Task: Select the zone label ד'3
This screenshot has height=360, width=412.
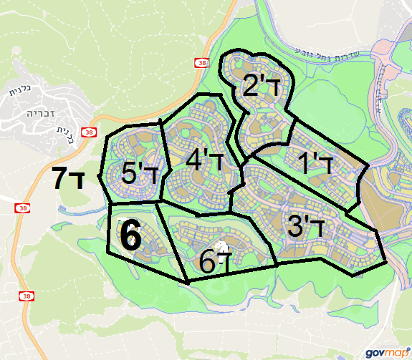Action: [x=306, y=227]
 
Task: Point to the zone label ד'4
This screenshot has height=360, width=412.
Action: [x=205, y=160]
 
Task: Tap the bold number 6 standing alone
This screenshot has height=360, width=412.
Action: [x=130, y=235]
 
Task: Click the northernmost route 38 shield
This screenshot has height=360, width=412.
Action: [x=198, y=64]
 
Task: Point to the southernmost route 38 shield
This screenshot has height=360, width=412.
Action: [x=27, y=296]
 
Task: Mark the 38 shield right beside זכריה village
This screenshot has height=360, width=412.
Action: [x=88, y=132]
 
